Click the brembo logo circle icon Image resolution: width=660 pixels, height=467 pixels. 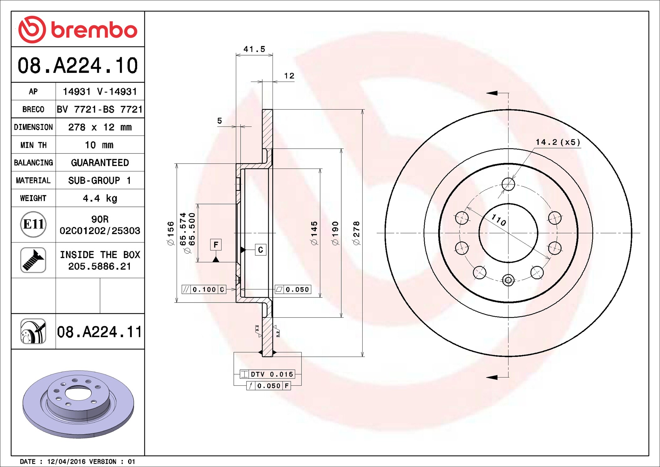pos(32,30)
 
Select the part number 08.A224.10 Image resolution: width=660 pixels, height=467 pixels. pos(77,65)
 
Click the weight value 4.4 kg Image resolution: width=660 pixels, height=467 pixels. pos(100,198)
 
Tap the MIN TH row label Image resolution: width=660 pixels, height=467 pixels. pos(33,145)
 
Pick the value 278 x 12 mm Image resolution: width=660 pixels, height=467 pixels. pos(100,127)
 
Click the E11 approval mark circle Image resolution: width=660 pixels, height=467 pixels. pos(33,224)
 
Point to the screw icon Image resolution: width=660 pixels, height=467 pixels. pos(33,260)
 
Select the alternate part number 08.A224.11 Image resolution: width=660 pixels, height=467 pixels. pos(99,332)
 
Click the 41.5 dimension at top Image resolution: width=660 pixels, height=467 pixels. pos(254,49)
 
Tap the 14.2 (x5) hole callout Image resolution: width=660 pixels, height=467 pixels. pos(558,142)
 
